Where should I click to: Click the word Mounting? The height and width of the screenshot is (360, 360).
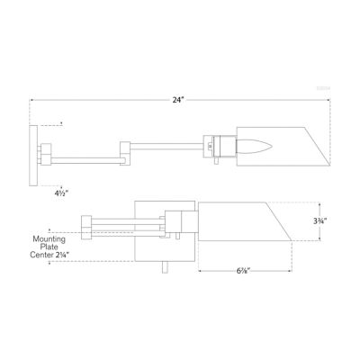[46, 239]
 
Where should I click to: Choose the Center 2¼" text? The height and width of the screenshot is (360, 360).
[49, 257]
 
